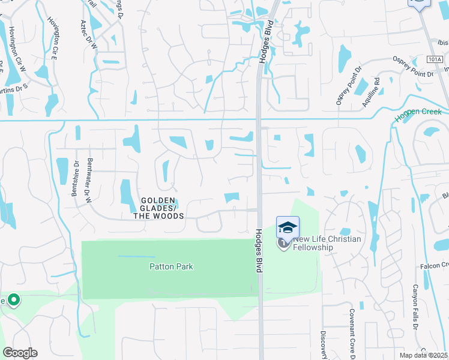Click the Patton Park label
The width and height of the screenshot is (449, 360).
[x=171, y=266]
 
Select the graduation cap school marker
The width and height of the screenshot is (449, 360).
[x=288, y=227]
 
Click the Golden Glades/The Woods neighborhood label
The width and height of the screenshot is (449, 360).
[x=158, y=208]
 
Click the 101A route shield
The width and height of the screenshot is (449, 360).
[x=435, y=59]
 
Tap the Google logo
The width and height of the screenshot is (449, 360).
[x=20, y=353]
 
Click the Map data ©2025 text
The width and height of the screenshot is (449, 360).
[x=424, y=355]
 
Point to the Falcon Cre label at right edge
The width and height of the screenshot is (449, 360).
[x=436, y=265]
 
